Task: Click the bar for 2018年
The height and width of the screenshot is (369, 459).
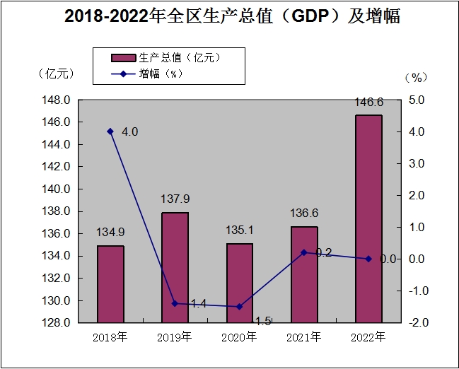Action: [x=110, y=284]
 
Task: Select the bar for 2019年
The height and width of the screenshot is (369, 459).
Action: [x=175, y=267]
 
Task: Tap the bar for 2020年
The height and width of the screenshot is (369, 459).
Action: [x=239, y=283]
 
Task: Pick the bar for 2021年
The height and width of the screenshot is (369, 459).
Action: [x=304, y=274]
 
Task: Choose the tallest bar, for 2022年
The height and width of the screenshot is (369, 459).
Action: [x=368, y=218]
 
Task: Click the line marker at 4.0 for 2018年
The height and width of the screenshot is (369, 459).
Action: [x=110, y=131]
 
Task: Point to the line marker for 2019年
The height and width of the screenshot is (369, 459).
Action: [x=175, y=303]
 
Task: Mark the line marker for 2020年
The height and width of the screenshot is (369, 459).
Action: [x=239, y=307]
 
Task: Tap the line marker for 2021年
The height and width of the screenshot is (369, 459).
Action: [x=304, y=252]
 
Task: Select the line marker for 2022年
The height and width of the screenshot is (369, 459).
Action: [x=368, y=259]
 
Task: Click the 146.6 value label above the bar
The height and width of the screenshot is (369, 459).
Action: [x=368, y=102]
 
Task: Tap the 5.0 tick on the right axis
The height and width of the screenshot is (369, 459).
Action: [x=417, y=100]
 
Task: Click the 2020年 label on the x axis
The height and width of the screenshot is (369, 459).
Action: [x=239, y=337]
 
